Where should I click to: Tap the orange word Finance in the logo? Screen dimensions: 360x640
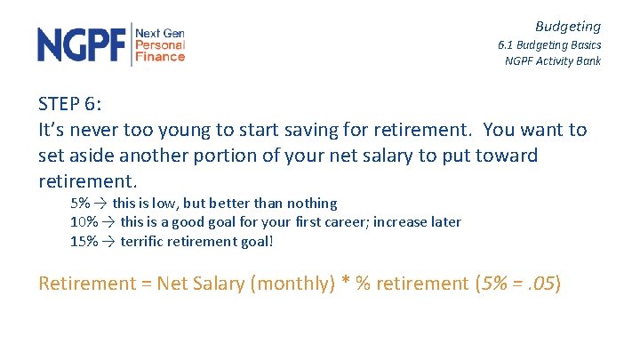(160, 57)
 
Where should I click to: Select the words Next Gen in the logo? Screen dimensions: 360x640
(160, 33)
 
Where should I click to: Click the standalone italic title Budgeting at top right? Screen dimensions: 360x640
(567, 27)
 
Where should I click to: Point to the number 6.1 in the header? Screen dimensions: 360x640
(507, 44)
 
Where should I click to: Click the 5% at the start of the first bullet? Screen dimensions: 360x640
(81, 204)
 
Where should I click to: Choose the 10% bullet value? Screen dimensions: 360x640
(84, 221)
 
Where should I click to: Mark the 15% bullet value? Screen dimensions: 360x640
(84, 240)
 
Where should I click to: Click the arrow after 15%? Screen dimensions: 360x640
(108, 240)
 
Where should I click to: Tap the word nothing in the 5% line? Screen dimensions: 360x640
(310, 204)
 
